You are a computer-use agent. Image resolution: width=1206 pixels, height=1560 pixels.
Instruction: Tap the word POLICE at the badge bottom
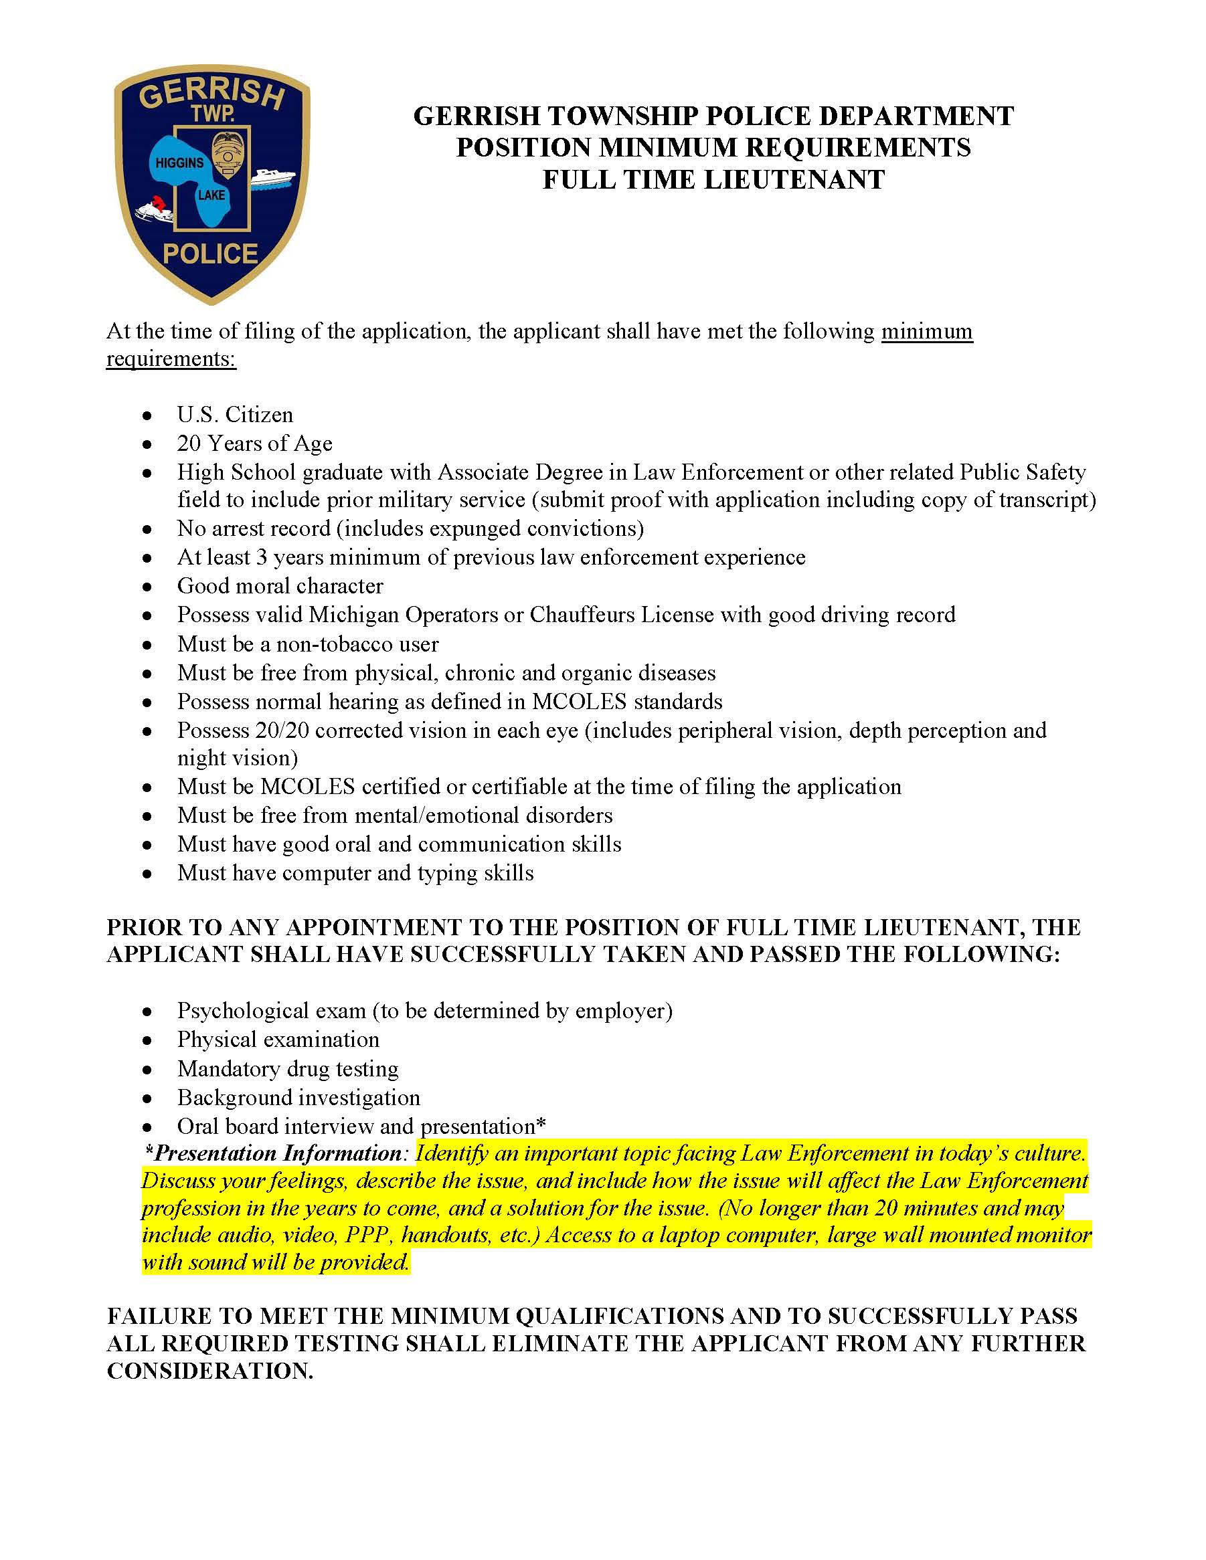click(x=210, y=254)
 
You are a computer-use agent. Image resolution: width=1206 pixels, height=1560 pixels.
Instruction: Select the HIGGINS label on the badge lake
click(x=179, y=163)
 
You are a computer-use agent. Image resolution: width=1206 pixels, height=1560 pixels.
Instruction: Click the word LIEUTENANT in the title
click(x=794, y=179)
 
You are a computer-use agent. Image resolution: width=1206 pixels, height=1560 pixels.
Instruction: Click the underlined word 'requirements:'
click(x=171, y=359)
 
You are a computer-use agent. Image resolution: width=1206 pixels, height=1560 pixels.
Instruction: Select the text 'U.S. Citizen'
click(x=235, y=415)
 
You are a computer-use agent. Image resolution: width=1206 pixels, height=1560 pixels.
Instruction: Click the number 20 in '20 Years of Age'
click(x=189, y=444)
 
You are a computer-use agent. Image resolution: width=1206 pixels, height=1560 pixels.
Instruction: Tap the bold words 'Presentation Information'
click(x=278, y=1153)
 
